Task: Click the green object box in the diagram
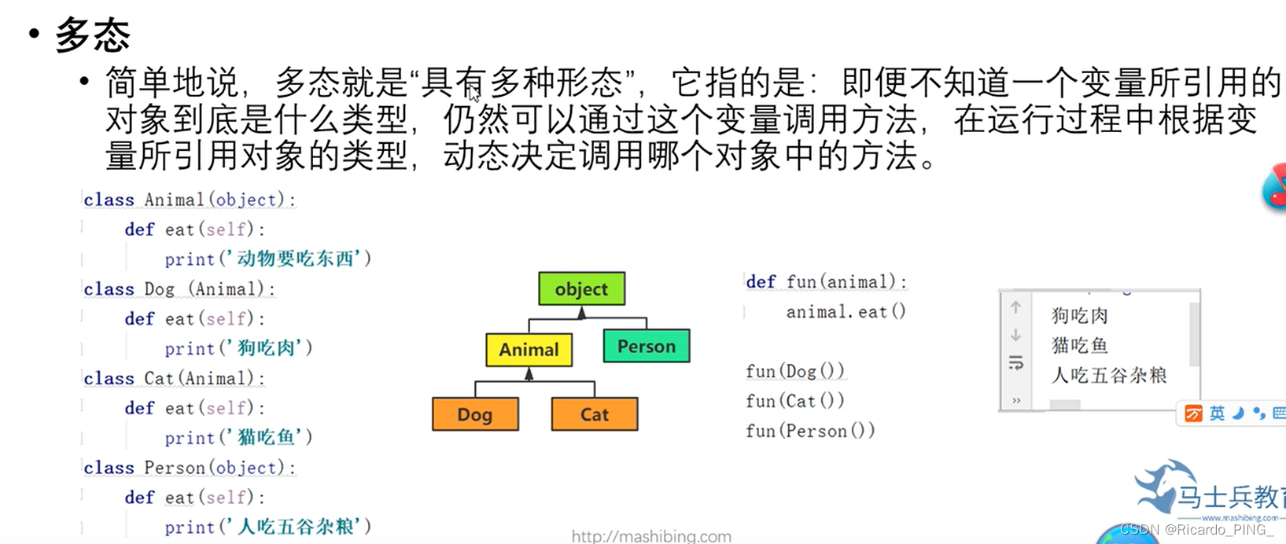[x=581, y=289]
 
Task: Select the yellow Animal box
[x=529, y=350]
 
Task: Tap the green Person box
[x=646, y=347]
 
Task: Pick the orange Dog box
[x=475, y=414]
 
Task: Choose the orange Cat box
[x=594, y=414]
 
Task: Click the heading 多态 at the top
[x=92, y=35]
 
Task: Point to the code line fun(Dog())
[x=794, y=371]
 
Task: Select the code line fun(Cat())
[x=794, y=401]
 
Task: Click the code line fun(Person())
[x=809, y=431]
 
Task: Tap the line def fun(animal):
[x=826, y=281]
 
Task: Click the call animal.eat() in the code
[x=846, y=312]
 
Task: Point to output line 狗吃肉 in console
[x=1079, y=316]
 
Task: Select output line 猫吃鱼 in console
[x=1079, y=346]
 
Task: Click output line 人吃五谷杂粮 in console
[x=1108, y=376]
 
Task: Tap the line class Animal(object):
[x=190, y=200]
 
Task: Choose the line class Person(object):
[x=190, y=468]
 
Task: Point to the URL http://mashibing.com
[x=650, y=536]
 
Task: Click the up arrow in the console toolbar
[x=1015, y=307]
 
